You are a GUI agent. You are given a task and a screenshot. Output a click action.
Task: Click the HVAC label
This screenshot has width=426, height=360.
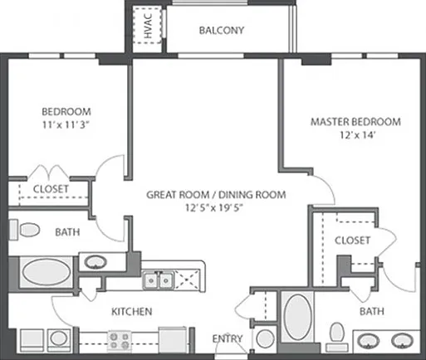(148, 26)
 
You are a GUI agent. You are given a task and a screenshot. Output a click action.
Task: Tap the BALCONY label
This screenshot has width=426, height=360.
(222, 30)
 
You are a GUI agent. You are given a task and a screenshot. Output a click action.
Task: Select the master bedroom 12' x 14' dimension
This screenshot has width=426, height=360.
(357, 135)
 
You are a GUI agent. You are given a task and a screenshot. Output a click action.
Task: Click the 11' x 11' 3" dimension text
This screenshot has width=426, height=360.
(66, 125)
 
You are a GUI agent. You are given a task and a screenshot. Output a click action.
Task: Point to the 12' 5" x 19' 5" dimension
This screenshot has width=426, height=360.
(213, 207)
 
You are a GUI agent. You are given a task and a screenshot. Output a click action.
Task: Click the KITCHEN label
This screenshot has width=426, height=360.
(132, 312)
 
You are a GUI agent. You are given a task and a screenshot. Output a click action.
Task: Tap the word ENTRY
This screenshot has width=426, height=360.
(228, 338)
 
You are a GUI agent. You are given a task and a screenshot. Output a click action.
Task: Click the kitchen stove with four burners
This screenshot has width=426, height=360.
(120, 341)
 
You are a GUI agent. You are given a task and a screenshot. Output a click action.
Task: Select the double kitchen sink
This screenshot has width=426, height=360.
(159, 280)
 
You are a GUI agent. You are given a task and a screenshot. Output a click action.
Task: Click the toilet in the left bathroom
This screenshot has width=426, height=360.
(24, 230)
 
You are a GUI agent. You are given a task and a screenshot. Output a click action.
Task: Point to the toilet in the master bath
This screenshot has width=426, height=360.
(337, 336)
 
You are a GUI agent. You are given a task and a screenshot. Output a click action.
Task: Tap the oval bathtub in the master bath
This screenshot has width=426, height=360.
(298, 317)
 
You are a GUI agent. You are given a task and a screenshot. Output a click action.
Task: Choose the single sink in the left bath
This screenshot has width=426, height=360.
(95, 262)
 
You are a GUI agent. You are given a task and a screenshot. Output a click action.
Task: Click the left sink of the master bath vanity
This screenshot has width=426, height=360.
(368, 341)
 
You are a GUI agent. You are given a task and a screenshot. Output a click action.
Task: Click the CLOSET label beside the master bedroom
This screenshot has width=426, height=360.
(352, 241)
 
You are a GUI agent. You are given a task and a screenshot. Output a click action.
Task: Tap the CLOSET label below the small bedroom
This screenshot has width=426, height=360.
(51, 189)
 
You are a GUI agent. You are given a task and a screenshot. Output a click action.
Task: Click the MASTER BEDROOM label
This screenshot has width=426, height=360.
(355, 122)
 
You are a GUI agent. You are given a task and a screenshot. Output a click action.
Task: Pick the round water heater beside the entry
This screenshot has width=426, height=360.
(265, 338)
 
